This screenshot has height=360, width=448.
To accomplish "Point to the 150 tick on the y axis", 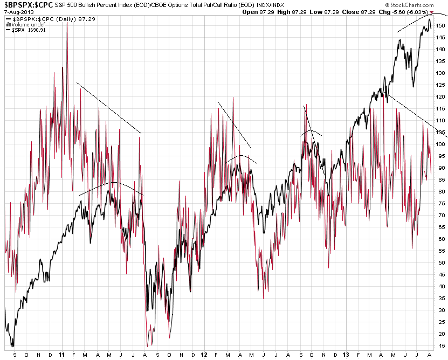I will point(441,25).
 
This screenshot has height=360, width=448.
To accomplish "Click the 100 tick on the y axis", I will point(441,144).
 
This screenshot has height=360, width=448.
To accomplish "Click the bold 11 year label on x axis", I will point(62,355).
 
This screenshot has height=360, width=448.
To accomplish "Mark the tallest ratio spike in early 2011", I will point(67,23).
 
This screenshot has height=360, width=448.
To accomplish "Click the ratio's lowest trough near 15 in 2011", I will point(147,345).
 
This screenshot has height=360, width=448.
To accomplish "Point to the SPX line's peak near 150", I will point(429,20).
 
